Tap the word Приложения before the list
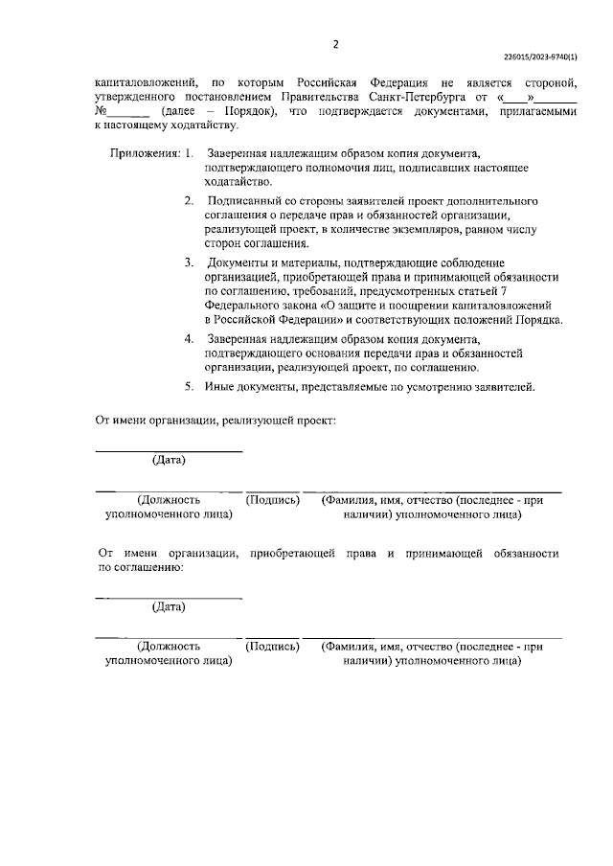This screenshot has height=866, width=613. point(144,153)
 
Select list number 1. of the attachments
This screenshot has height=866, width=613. point(189,153)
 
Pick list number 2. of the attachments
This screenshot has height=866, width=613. point(189,202)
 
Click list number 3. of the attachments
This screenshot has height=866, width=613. point(189,262)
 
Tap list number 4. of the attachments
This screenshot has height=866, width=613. point(189,338)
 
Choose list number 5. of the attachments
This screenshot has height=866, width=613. point(189,387)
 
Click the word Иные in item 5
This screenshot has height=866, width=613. point(221,387)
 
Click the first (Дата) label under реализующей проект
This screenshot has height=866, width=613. point(169,460)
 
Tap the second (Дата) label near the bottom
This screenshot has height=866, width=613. point(169,606)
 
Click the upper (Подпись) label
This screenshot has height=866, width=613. point(273,500)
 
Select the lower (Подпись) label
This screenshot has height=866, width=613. point(273,647)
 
